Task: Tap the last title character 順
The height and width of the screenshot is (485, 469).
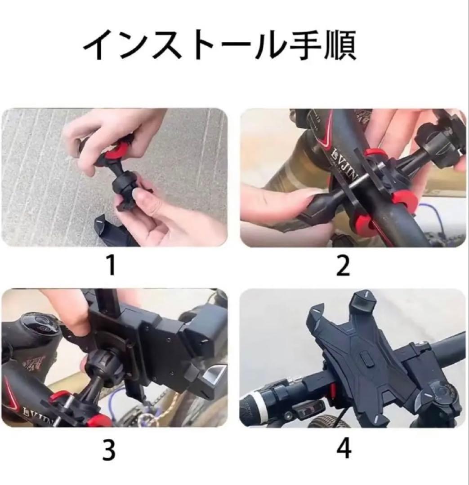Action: pos(339,45)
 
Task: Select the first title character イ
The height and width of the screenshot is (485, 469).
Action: pos(98,45)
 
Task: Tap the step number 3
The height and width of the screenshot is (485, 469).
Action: pos(109,450)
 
